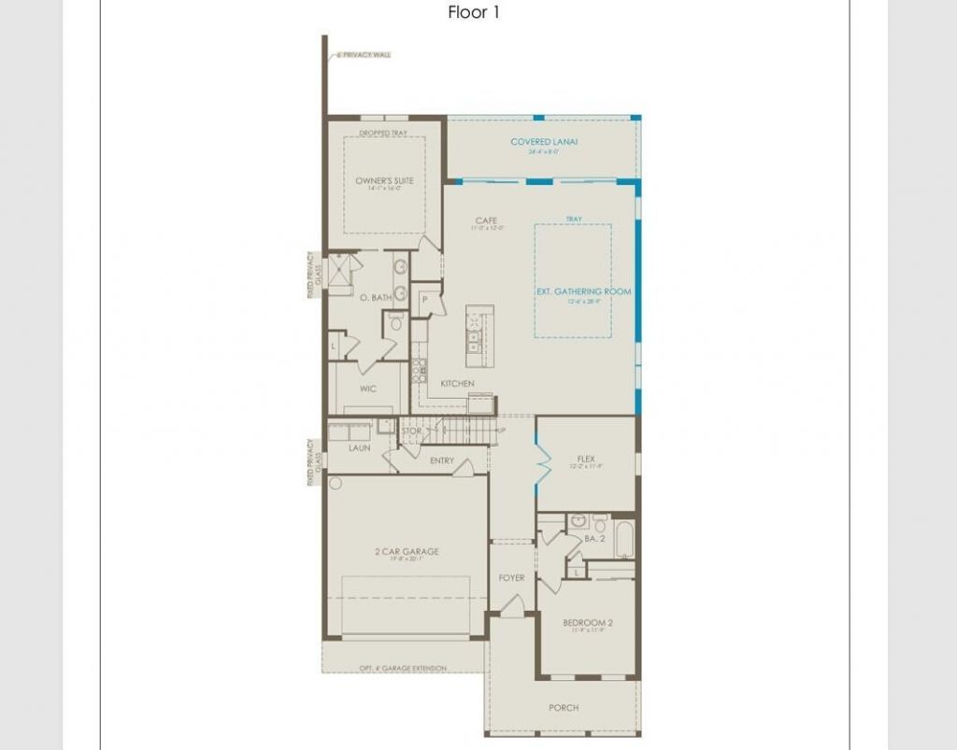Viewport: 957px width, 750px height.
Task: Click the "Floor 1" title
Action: (475, 13)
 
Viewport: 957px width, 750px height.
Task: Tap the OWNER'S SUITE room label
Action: (384, 181)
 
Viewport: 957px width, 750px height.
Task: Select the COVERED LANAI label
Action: (544, 142)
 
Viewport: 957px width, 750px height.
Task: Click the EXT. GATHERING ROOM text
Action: (583, 292)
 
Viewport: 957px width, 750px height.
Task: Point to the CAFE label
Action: (486, 221)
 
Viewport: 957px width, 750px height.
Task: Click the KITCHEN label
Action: (457, 384)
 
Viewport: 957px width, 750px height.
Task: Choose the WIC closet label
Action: (368, 389)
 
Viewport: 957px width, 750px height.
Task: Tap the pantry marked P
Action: (424, 300)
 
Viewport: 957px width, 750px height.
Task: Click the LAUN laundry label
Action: (360, 448)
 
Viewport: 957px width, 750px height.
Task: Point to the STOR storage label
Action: (411, 432)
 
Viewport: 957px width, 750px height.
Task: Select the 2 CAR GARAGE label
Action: (406, 552)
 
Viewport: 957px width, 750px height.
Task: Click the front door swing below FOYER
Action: (510, 606)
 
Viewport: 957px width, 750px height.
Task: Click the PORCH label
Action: (564, 708)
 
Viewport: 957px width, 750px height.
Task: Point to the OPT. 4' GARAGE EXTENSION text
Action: (404, 669)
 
